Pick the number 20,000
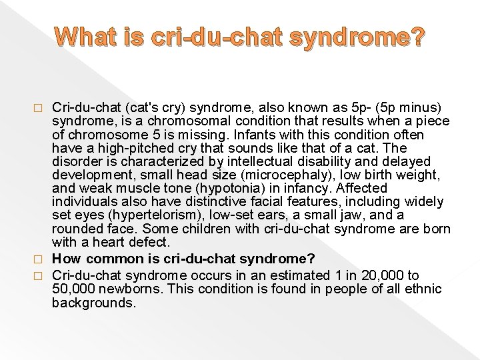382,275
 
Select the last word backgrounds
93,302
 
